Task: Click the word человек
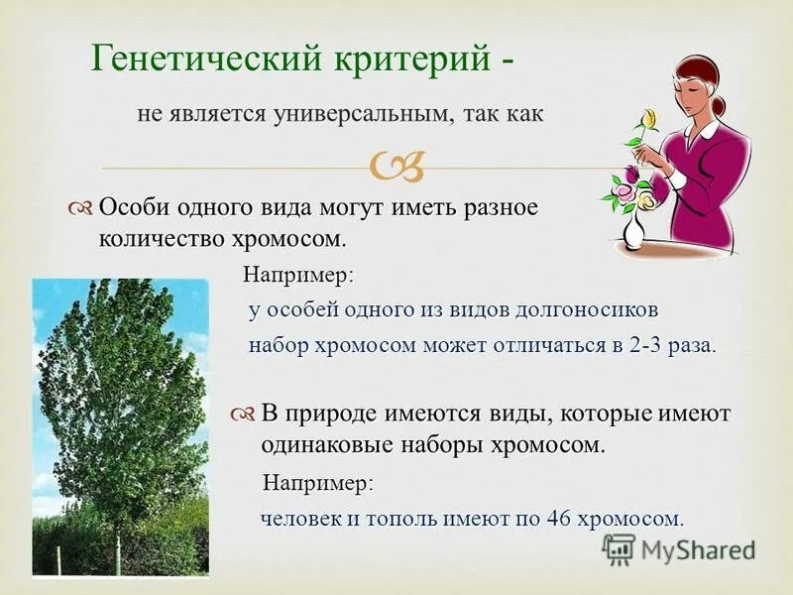[296, 518]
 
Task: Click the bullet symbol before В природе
[244, 414]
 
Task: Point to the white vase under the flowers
[633, 231]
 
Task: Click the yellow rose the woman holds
[649, 122]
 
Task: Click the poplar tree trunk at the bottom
[117, 555]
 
